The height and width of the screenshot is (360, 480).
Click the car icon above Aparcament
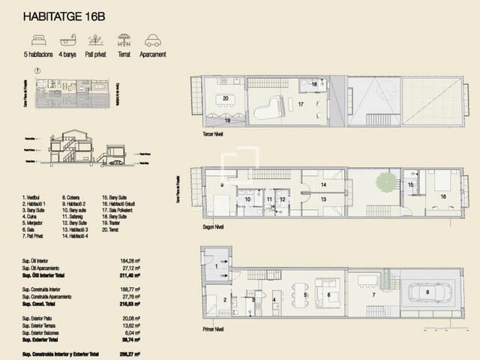[153, 40]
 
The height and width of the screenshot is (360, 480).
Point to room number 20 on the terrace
[225, 98]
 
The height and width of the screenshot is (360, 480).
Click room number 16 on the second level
[444, 196]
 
